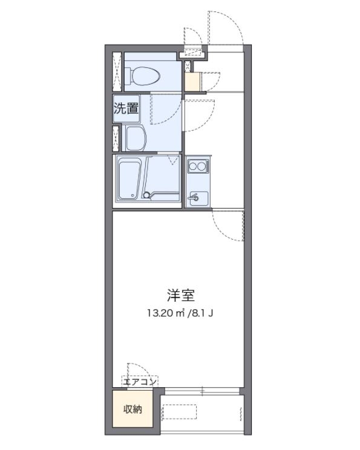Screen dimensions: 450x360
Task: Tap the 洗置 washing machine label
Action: (126, 109)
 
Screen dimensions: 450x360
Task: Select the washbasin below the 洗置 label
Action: (137, 139)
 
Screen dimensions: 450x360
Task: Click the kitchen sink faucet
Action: (195, 198)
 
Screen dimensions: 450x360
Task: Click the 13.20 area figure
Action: (159, 313)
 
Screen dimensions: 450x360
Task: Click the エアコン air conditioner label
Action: (140, 382)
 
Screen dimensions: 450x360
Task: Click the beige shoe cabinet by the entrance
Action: (192, 81)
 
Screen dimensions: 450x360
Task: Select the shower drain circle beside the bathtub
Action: (146, 194)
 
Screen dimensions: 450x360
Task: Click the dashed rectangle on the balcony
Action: (201, 412)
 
